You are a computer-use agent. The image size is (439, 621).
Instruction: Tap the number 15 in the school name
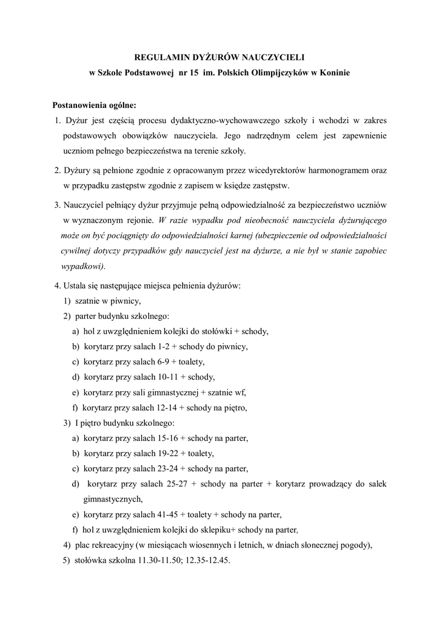(x=190, y=73)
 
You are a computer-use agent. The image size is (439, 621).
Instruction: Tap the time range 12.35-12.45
(x=210, y=560)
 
